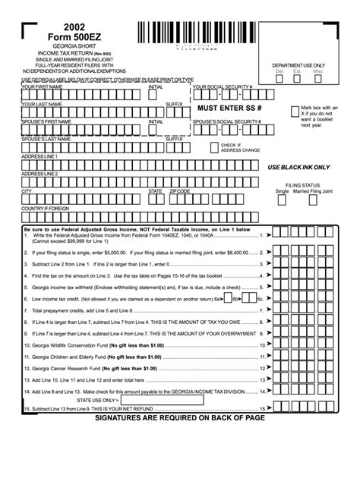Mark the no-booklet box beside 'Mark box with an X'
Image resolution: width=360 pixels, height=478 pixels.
(295, 112)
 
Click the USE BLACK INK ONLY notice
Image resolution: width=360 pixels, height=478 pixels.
(298, 165)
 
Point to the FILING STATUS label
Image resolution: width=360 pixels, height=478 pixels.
(303, 184)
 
